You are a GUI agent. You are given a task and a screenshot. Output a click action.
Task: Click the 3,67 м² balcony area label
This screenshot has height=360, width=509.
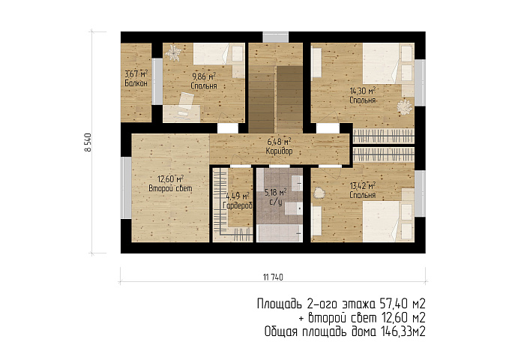[x=136, y=73]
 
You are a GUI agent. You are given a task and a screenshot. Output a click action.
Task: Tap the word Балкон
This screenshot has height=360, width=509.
[x=136, y=83]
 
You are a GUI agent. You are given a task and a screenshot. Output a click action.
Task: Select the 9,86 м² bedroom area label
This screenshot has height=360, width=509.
[x=204, y=76]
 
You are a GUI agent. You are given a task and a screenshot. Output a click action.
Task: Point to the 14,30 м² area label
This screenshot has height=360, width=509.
[x=363, y=91]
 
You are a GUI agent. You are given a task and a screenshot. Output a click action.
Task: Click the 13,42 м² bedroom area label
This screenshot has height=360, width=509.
[x=363, y=186]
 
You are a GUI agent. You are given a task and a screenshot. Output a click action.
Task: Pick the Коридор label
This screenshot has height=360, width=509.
[x=279, y=151]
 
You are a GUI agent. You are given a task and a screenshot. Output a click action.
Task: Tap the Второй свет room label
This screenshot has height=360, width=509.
[x=170, y=188]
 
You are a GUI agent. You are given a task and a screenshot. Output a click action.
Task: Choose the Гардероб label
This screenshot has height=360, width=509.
[x=238, y=205]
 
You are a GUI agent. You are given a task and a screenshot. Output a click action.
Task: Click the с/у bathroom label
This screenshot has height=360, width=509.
[x=276, y=202]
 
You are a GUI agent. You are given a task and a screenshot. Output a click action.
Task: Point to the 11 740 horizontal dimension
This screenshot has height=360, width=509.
[x=273, y=277]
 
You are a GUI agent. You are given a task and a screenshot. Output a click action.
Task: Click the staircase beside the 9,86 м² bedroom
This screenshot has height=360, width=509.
[x=276, y=88]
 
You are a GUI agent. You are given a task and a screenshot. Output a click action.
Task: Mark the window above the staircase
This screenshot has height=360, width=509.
[x=275, y=37]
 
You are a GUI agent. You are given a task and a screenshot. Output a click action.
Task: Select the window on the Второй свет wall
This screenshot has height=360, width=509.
[x=126, y=187]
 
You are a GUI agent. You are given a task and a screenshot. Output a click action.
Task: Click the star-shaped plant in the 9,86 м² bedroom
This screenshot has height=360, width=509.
[x=173, y=52]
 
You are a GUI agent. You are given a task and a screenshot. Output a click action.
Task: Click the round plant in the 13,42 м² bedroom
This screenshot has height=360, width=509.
[x=319, y=193]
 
